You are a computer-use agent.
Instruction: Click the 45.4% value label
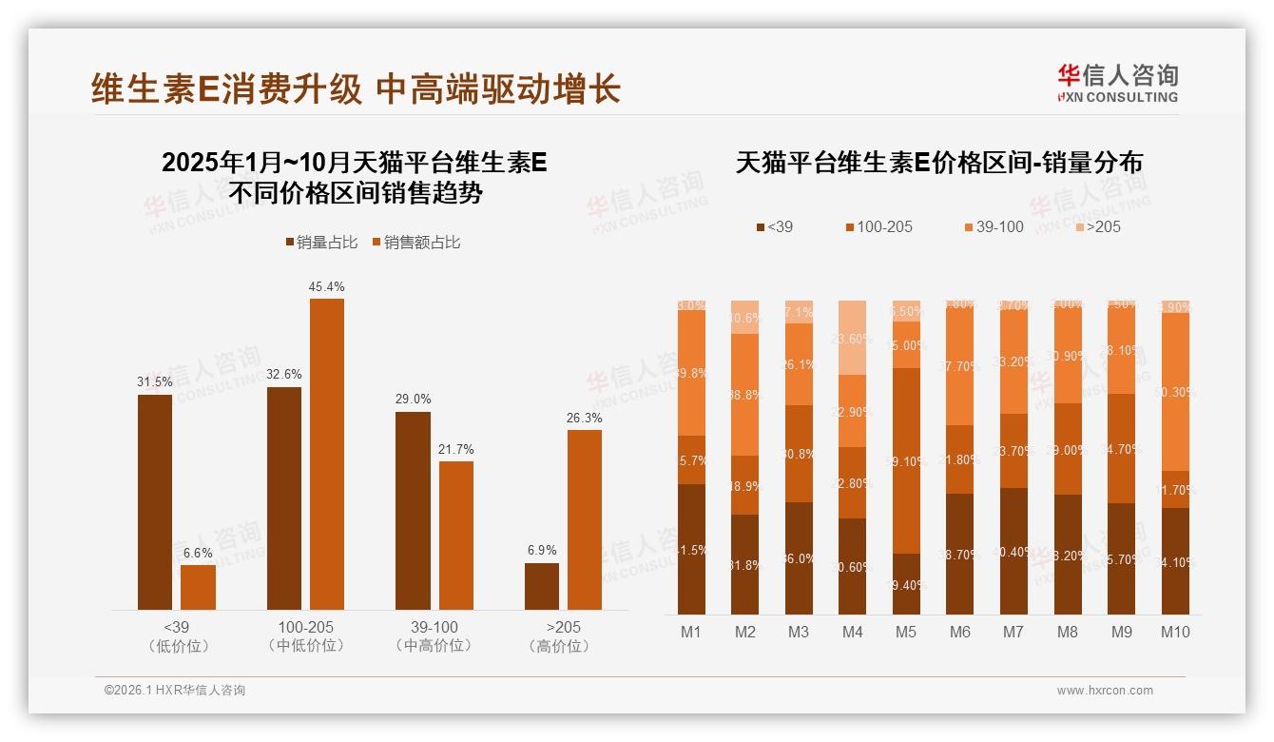(326, 286)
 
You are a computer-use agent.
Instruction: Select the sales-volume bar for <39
(155, 501)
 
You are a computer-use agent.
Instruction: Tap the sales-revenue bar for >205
(585, 519)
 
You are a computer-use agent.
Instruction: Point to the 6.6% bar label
(198, 553)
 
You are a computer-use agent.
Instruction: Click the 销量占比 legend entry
(321, 243)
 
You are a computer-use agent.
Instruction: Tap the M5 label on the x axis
(906, 632)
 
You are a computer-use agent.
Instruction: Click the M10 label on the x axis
(1175, 632)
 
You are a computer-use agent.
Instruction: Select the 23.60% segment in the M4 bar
(853, 339)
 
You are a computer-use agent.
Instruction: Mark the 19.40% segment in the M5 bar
(906, 584)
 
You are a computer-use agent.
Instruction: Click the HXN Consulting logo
(1117, 83)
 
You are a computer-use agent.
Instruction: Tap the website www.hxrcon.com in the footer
(1105, 691)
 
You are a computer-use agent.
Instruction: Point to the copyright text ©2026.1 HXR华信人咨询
(175, 691)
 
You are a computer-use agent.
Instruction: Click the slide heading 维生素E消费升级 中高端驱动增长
(356, 88)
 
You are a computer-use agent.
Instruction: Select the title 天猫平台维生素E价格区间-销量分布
(938, 163)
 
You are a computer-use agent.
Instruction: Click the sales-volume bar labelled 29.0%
(413, 510)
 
